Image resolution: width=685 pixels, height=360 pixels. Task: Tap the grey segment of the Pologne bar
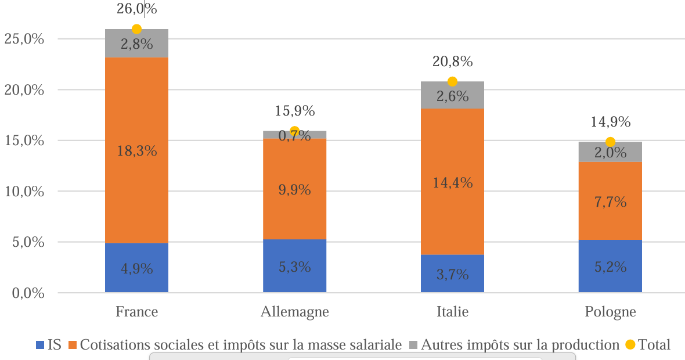(610, 152)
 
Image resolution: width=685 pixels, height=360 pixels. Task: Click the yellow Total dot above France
(136, 29)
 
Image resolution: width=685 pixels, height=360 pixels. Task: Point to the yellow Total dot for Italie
(452, 81)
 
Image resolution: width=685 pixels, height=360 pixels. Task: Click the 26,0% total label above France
(137, 9)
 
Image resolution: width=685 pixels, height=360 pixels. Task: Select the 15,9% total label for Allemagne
(295, 110)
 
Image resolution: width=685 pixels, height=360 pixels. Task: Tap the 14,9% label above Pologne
(611, 122)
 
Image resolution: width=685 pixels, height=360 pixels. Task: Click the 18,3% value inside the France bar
(137, 151)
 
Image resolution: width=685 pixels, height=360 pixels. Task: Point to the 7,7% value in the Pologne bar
(611, 202)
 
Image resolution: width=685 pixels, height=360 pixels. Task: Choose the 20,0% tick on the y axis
(24, 90)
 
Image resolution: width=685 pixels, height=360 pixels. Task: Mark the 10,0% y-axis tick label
(24, 191)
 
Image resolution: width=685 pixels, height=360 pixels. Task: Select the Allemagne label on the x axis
(295, 312)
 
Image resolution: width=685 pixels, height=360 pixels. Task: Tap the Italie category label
(452, 312)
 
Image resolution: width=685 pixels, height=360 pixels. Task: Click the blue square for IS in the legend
(40, 345)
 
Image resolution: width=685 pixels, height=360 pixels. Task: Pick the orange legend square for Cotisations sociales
(73, 345)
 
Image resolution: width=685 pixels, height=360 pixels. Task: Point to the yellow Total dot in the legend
(630, 345)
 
